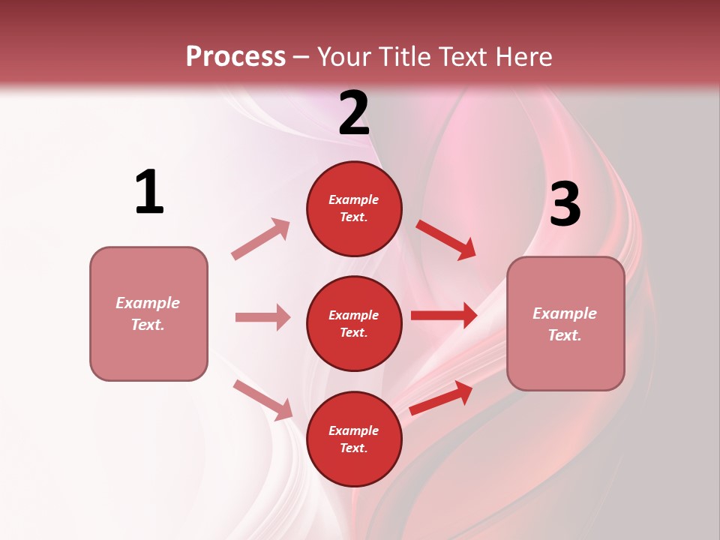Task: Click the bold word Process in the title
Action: click(235, 57)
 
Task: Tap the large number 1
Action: click(149, 192)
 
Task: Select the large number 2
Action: click(354, 112)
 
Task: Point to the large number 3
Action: click(565, 204)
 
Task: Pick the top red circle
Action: click(354, 208)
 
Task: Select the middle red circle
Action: click(354, 323)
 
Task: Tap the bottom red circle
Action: click(354, 439)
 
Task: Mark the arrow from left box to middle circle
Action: click(262, 317)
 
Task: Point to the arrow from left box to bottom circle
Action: click(262, 400)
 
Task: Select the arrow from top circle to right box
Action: click(446, 239)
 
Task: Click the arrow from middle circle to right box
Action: click(444, 316)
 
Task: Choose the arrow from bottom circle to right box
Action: click(441, 398)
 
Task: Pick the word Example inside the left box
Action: click(148, 303)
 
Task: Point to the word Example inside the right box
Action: click(565, 313)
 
